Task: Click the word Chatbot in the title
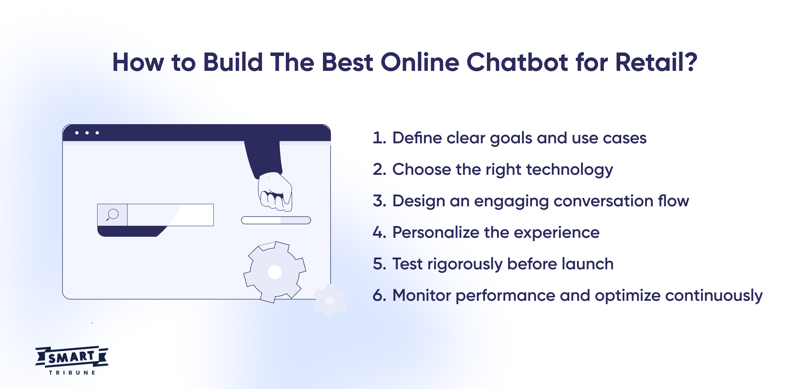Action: coord(517,62)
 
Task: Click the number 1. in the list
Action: coord(379,138)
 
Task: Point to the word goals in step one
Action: coord(511,138)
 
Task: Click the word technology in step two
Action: coord(569,170)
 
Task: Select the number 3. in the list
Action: coord(379,201)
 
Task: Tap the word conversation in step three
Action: coord(603,201)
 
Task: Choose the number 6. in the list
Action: coord(379,295)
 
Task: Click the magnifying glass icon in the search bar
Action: coord(112,214)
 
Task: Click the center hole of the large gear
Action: coord(275,272)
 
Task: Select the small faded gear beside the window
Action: coord(330,301)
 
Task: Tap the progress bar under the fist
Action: coord(276,220)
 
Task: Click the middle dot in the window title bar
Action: coord(87,133)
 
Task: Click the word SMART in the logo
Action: coord(71,357)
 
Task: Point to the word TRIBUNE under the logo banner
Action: coord(72,373)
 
